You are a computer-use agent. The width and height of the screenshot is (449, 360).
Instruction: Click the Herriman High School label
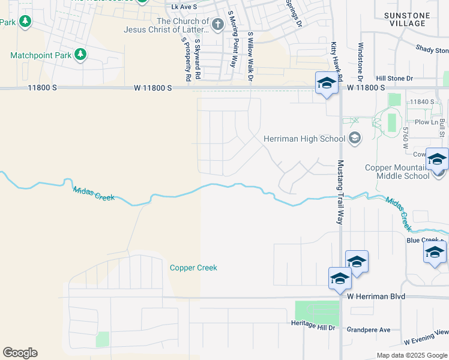pyautogui.click(x=304, y=139)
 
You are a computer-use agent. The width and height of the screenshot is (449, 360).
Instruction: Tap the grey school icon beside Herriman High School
pyautogui.click(x=354, y=139)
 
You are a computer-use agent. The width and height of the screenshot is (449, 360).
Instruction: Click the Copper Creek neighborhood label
pyautogui.click(x=193, y=268)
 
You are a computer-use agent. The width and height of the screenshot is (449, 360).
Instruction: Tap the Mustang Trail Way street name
pyautogui.click(x=340, y=192)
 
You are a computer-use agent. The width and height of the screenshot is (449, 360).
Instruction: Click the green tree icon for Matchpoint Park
pyautogui.click(x=80, y=55)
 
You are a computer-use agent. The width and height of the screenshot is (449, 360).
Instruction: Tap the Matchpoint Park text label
pyautogui.click(x=40, y=55)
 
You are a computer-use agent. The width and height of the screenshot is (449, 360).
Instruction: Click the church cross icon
pyautogui.click(x=217, y=25)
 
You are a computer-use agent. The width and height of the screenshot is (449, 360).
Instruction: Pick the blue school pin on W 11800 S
pyautogui.click(x=326, y=83)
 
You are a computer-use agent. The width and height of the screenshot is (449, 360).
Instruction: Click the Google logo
pyautogui.click(x=20, y=353)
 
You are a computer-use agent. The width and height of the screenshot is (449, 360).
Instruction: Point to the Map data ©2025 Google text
pyautogui.click(x=411, y=355)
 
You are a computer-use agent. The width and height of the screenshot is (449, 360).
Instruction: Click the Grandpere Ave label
pyautogui.click(x=369, y=329)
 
